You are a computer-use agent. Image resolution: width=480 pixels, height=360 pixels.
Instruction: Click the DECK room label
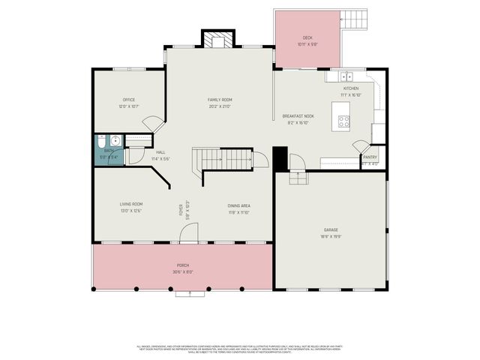[x=307, y=37]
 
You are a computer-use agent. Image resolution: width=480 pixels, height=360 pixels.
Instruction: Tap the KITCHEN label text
[x=351, y=88]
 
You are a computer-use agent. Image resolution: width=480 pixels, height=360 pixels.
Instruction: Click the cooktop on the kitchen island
[x=344, y=120]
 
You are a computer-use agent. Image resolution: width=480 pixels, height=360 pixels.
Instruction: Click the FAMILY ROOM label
[x=220, y=100]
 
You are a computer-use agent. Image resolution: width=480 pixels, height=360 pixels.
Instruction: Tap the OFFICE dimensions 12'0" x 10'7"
[x=129, y=106]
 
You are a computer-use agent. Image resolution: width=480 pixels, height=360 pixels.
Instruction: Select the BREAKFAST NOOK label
[x=298, y=116]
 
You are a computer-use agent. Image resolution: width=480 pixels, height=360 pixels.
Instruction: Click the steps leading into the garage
[x=298, y=178]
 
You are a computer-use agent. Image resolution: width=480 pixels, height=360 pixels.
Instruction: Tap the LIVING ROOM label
[x=130, y=204]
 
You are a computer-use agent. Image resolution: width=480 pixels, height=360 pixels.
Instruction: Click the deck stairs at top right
[x=356, y=17]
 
